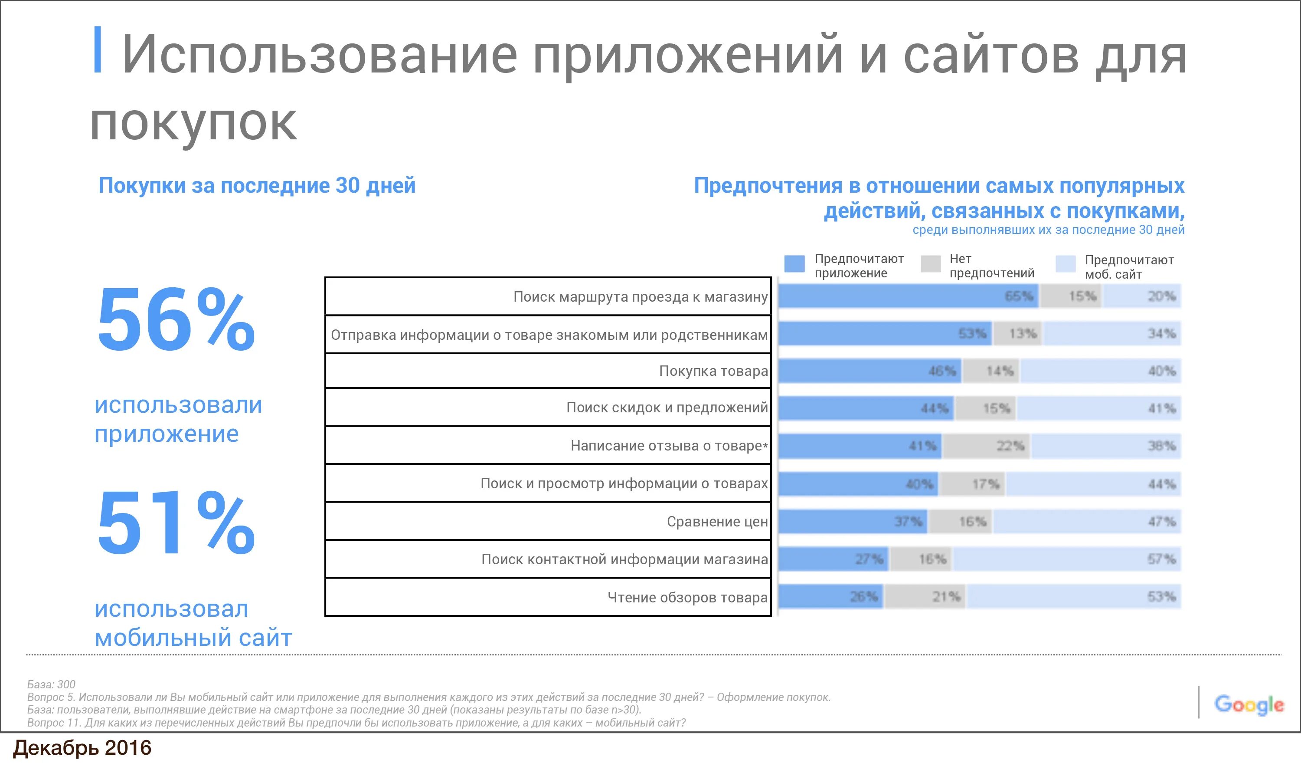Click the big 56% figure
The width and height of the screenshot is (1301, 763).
pyautogui.click(x=176, y=320)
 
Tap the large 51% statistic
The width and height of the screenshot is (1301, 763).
pyautogui.click(x=176, y=523)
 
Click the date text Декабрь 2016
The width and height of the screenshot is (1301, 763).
pyautogui.click(x=82, y=748)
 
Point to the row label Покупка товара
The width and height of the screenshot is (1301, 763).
pyautogui.click(x=713, y=371)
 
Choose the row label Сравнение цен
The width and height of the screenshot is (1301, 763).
pyautogui.click(x=717, y=521)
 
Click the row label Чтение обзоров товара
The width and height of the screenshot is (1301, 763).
pyautogui.click(x=687, y=597)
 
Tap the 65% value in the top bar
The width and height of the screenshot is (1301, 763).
pyautogui.click(x=1019, y=296)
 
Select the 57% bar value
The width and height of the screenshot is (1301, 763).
pyautogui.click(x=1162, y=559)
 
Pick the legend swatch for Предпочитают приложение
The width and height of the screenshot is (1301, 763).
pyautogui.click(x=794, y=263)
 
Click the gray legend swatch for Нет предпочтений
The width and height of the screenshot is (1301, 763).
pyautogui.click(x=930, y=263)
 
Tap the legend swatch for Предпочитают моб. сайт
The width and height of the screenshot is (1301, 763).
pyautogui.click(x=1066, y=263)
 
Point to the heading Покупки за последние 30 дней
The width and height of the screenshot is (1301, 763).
pyautogui.click(x=257, y=185)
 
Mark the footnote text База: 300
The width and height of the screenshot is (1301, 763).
pyautogui.click(x=51, y=684)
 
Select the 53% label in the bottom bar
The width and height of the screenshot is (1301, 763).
pyautogui.click(x=1162, y=597)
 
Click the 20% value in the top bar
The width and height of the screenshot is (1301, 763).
pyautogui.click(x=1162, y=296)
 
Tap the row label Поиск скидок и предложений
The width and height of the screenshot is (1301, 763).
pyautogui.click(x=667, y=408)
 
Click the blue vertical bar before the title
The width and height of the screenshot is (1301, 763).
pyautogui.click(x=97, y=49)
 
